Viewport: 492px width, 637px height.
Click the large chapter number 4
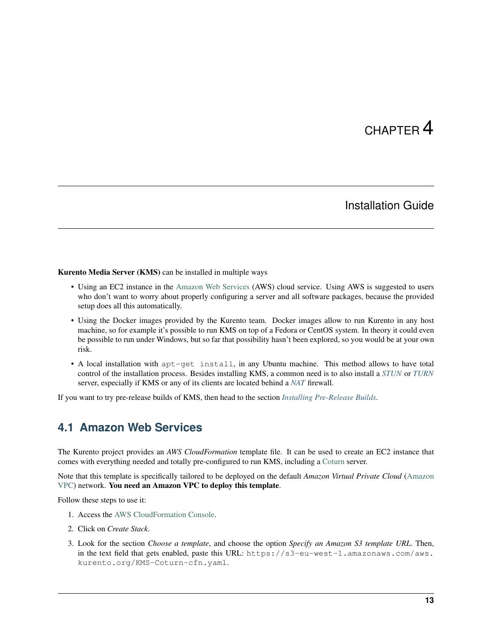427,128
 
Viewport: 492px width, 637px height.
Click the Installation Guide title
389,206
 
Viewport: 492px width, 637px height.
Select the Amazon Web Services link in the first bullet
212,287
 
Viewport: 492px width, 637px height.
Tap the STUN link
391,374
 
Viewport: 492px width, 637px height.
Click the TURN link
423,374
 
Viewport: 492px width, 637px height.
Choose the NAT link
297,383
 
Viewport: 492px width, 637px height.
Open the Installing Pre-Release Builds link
329,398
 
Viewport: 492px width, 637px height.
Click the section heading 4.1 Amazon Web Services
130,428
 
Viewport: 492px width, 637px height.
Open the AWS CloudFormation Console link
164,515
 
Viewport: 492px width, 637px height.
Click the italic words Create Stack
128,529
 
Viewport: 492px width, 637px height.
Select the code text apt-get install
197,365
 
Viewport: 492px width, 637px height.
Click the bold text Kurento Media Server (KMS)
109,272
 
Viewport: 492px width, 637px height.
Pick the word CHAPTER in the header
392,131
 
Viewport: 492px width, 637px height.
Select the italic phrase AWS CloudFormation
201,452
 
